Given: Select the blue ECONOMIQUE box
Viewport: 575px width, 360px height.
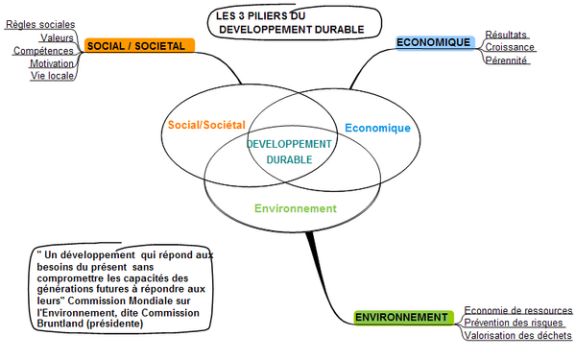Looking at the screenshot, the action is pyautogui.click(x=435, y=42).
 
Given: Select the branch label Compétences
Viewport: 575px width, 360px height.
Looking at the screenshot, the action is pyautogui.click(x=43, y=50).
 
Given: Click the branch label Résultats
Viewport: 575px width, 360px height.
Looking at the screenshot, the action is pyautogui.click(x=506, y=35).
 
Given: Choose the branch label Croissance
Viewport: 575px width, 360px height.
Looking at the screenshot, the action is pyautogui.click(x=510, y=47).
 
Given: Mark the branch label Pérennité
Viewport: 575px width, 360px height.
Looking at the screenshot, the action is pyautogui.click(x=507, y=60).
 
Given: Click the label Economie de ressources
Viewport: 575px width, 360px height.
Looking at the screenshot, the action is pyautogui.click(x=518, y=310).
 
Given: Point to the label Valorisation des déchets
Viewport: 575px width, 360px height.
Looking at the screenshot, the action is pyautogui.click(x=518, y=336).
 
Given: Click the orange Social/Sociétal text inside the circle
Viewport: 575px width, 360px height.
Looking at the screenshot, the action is pyautogui.click(x=206, y=125).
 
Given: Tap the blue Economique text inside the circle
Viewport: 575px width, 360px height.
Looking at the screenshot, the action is pyautogui.click(x=377, y=128).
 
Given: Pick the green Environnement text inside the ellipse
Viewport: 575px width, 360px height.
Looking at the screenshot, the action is pyautogui.click(x=296, y=208).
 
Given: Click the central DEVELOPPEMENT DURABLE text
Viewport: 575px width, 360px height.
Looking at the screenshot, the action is pyautogui.click(x=290, y=152).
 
